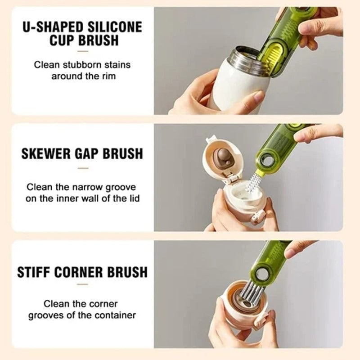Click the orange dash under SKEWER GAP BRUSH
point(83,168)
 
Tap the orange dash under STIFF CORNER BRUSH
point(83,284)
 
